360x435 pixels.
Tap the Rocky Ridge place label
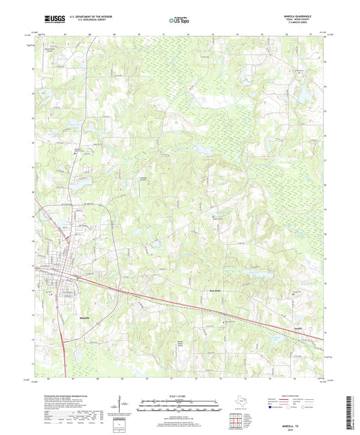click(x=213, y=292)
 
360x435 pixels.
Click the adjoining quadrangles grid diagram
click(x=238, y=419)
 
